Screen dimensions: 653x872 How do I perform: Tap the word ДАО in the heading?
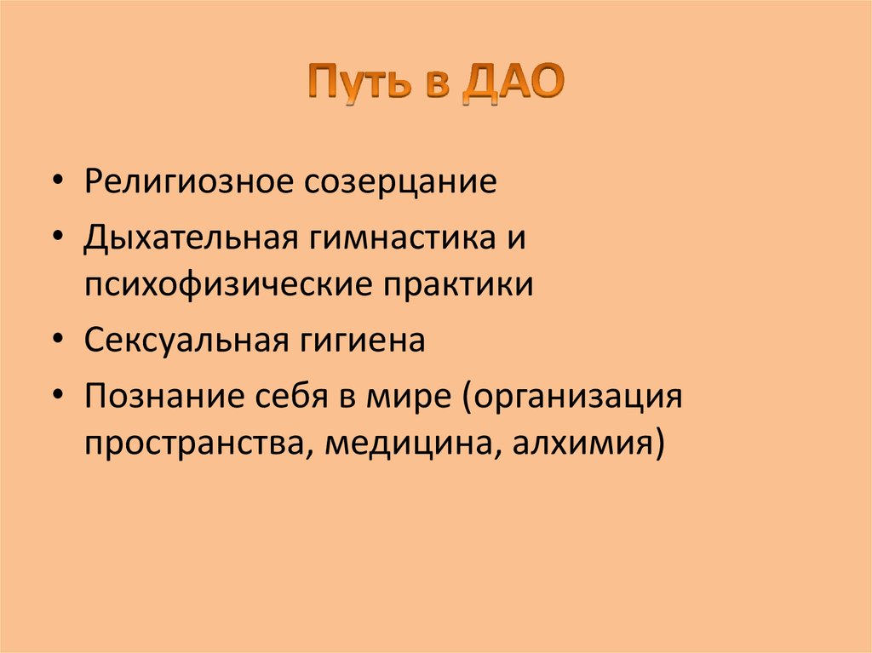[515, 86]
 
